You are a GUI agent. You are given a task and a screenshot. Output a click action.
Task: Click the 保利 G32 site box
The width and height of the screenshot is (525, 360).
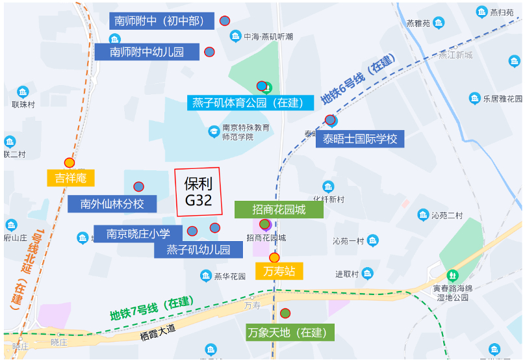(199, 192)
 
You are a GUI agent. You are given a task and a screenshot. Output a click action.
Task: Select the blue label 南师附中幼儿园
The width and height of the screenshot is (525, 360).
(147, 52)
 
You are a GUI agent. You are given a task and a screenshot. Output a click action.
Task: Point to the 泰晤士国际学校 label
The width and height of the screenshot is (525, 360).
(360, 138)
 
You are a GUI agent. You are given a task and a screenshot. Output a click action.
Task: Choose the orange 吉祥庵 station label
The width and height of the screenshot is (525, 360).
(71, 177)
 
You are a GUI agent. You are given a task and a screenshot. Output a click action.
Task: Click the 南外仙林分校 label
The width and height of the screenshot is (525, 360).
(112, 203)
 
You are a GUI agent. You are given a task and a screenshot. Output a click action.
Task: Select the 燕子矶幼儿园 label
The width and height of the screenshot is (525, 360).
(198, 250)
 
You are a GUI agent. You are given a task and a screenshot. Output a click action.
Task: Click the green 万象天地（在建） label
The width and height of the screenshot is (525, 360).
(290, 333)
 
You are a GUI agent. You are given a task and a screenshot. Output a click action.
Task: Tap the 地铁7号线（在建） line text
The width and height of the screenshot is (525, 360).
(151, 309)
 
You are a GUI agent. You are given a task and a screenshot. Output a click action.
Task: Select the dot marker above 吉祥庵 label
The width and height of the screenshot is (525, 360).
(70, 162)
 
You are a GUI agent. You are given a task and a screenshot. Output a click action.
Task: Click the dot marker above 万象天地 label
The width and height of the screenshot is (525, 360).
(285, 313)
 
